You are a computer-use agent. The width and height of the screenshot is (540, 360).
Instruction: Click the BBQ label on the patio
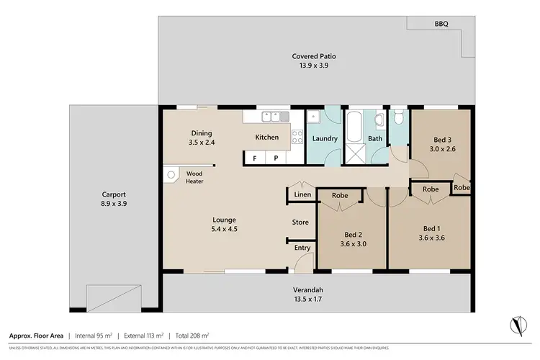(441, 24)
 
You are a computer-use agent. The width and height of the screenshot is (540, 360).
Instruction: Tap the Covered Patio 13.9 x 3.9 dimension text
(314, 65)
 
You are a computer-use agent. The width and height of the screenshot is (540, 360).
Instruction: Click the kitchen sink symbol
(274, 115)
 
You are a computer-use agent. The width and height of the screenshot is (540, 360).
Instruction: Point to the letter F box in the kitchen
(254, 158)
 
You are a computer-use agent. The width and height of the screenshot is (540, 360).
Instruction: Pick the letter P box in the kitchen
(275, 158)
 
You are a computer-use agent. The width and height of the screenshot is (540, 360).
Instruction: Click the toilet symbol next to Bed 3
(399, 120)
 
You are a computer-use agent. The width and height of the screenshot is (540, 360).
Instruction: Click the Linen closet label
(302, 194)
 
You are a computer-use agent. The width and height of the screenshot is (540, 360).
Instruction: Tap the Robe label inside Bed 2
(341, 195)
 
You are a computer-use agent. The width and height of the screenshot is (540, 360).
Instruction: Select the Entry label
(302, 248)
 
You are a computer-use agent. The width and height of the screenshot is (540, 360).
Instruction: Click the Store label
(300, 222)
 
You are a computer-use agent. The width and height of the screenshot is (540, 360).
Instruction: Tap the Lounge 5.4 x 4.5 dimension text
(225, 230)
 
